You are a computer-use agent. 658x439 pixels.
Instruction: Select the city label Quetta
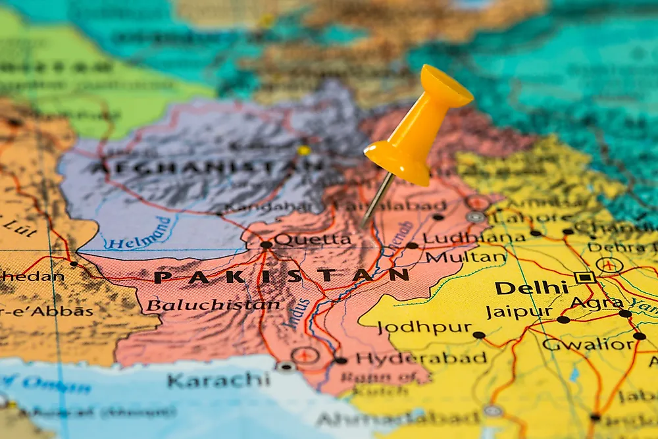(x=313, y=240)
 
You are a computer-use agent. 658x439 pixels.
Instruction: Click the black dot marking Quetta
(x=266, y=245)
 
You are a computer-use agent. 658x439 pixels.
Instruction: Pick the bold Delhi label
(x=532, y=288)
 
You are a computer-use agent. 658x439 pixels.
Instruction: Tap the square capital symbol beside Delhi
(x=584, y=277)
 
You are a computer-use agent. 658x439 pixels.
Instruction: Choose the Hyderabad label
(x=421, y=359)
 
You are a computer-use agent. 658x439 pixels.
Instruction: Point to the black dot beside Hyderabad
(x=340, y=360)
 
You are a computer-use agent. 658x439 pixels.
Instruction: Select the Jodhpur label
(x=424, y=327)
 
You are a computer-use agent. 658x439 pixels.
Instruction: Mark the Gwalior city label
(x=588, y=344)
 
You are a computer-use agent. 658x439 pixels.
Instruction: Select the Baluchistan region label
(x=213, y=305)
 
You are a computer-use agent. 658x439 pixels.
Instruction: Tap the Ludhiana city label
(x=474, y=237)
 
